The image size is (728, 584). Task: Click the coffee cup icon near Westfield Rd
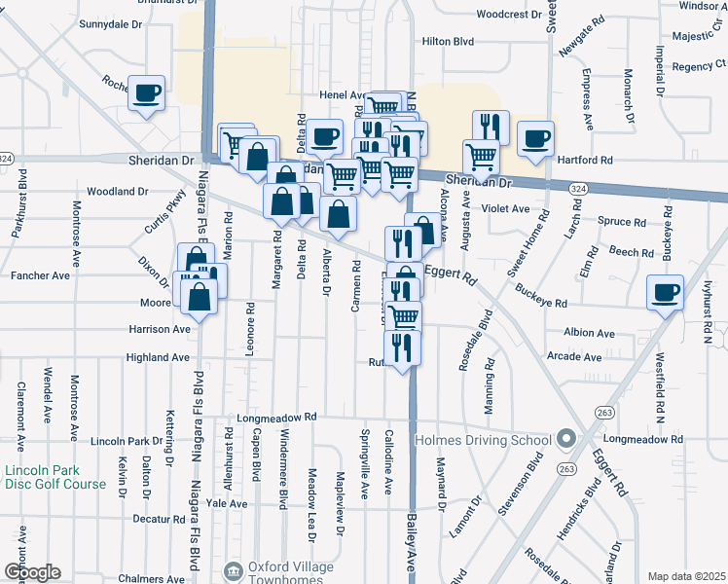pos(667,292)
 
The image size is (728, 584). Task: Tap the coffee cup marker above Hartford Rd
pos(535,138)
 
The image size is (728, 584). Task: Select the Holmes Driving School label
pos(485,440)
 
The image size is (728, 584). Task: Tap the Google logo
pos(31,572)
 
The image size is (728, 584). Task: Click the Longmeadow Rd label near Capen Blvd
pos(277,418)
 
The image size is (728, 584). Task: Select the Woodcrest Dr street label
pos(509,15)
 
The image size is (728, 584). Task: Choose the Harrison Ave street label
pos(160,330)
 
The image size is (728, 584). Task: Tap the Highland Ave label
pos(158,357)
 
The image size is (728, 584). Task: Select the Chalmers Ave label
pos(145,578)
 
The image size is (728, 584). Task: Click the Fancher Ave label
pos(40,275)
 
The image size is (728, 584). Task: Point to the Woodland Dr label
pos(116,192)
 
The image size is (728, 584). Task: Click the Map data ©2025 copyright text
pos(687,576)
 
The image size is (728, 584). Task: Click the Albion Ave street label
pos(582,333)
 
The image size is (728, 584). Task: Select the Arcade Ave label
pos(575,357)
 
